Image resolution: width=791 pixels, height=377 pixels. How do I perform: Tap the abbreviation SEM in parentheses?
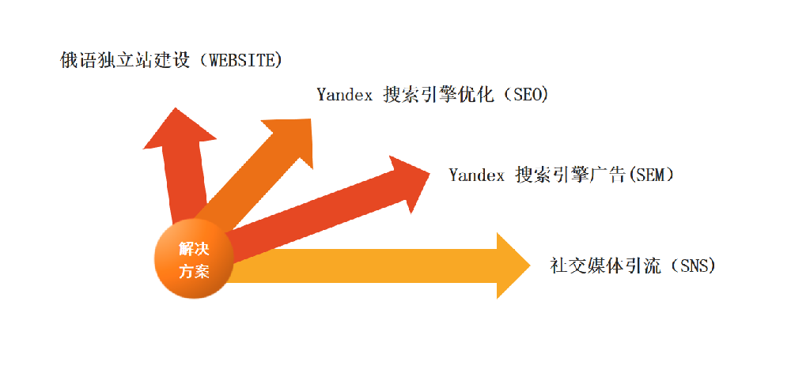point(651,175)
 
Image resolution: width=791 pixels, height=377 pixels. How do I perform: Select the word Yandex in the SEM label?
point(476,175)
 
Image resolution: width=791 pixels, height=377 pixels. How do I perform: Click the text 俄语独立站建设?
point(126,60)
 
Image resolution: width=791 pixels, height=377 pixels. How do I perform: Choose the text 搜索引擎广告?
point(570,175)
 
